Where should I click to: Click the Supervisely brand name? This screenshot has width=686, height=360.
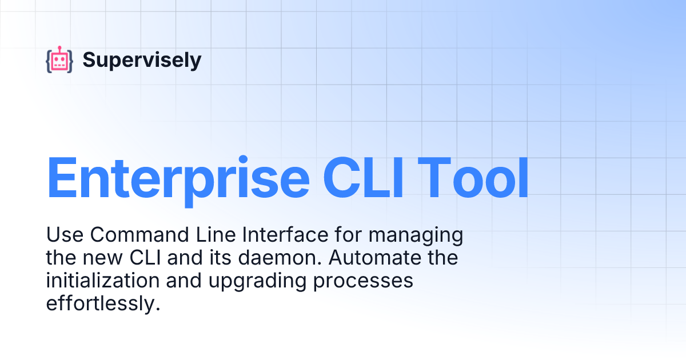click(x=142, y=60)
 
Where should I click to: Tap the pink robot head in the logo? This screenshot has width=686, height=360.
click(x=59, y=61)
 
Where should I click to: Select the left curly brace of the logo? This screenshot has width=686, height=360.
click(x=49, y=61)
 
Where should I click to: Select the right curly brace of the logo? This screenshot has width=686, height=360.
click(x=70, y=61)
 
